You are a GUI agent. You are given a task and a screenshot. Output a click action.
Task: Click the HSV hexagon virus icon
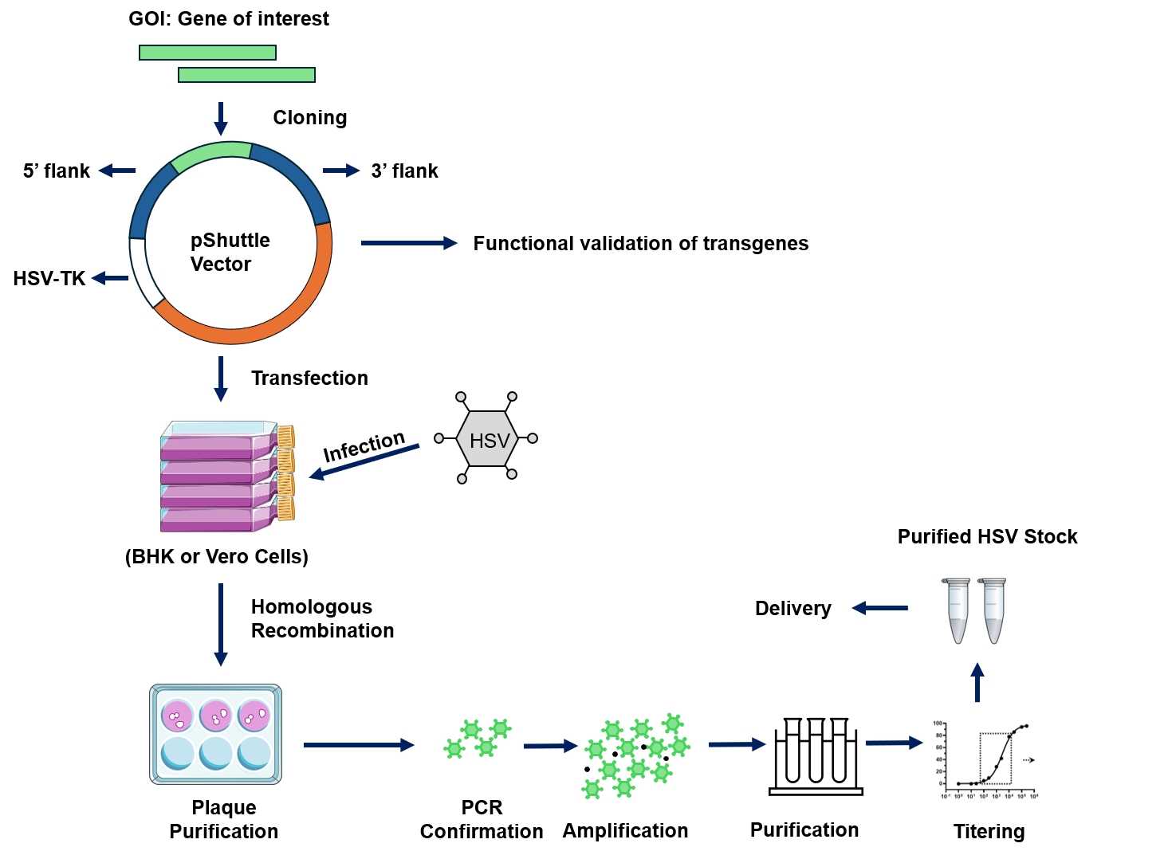[486, 439]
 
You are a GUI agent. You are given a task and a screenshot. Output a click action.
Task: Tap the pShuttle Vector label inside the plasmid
[230, 252]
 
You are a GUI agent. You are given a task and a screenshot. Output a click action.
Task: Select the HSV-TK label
[49, 278]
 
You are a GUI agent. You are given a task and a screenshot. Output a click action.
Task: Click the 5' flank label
[57, 171]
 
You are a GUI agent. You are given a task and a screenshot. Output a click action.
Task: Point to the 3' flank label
[404, 171]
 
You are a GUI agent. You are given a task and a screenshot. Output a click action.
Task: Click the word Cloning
[309, 117]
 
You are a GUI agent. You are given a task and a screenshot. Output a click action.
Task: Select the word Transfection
[309, 378]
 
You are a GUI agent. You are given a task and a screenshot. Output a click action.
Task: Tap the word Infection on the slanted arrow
[364, 446]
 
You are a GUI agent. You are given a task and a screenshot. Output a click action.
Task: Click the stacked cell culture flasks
[227, 477]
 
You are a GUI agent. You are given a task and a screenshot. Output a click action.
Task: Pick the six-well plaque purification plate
[216, 734]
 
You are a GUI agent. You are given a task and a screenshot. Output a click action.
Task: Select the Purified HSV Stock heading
[987, 536]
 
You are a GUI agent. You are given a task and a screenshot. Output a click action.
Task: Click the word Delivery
[792, 608]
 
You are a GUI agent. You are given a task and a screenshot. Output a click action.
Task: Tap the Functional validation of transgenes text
[640, 243]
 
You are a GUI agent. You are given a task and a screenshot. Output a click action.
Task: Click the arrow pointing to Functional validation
[408, 243]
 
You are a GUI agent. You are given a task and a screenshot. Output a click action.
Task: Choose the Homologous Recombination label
[322, 618]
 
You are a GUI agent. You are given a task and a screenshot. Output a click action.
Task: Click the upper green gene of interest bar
[207, 53]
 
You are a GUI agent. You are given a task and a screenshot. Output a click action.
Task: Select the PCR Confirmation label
[482, 819]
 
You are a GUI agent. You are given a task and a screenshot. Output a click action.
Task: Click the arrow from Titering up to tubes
[977, 682]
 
